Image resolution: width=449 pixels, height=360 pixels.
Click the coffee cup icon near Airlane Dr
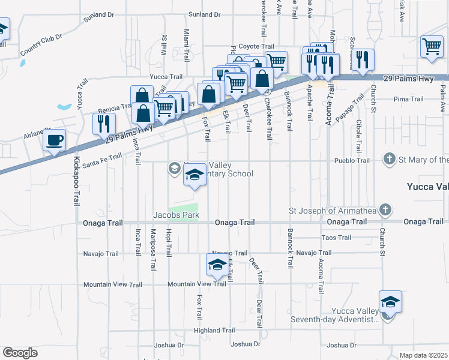pyautogui.click(x=54, y=140)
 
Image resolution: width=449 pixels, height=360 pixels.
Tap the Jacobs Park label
pyautogui.click(x=175, y=215)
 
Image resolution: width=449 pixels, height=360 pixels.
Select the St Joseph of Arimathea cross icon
pyautogui.click(x=385, y=211)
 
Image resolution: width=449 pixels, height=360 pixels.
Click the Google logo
pyautogui.click(x=20, y=352)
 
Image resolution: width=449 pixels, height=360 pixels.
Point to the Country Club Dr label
pyautogui.click(x=41, y=45)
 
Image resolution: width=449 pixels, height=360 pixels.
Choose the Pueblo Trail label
pyautogui.click(x=356, y=161)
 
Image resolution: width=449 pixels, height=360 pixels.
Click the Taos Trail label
pyautogui.click(x=336, y=238)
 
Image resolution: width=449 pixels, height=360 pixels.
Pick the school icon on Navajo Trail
pyautogui.click(x=217, y=263)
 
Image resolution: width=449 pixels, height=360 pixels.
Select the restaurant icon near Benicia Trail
pyautogui.click(x=104, y=123)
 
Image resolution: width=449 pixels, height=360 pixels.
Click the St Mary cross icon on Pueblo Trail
pyautogui.click(x=390, y=159)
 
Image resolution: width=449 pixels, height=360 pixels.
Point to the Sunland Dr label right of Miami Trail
pyautogui.click(x=203, y=14)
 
